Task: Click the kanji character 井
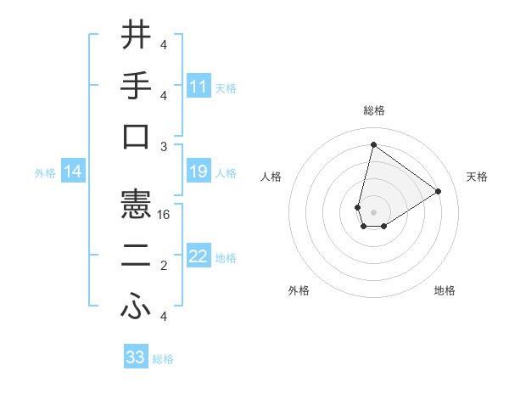point(136,36)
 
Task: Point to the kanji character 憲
point(136,205)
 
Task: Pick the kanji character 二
point(136,256)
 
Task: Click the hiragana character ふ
point(136,307)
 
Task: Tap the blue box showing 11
point(199,87)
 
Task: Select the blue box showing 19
point(199,172)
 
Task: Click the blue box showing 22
point(199,257)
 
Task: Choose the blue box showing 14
point(73,172)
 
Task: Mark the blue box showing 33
point(136,357)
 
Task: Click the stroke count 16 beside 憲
point(165,215)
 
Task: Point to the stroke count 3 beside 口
point(164,146)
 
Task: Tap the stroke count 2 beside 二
point(164,266)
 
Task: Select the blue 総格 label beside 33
point(163,359)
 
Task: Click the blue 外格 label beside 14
point(45,173)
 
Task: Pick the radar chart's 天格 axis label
point(477,177)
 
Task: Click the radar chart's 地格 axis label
point(445,291)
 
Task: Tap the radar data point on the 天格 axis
point(438,191)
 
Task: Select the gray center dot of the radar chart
point(373,211)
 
